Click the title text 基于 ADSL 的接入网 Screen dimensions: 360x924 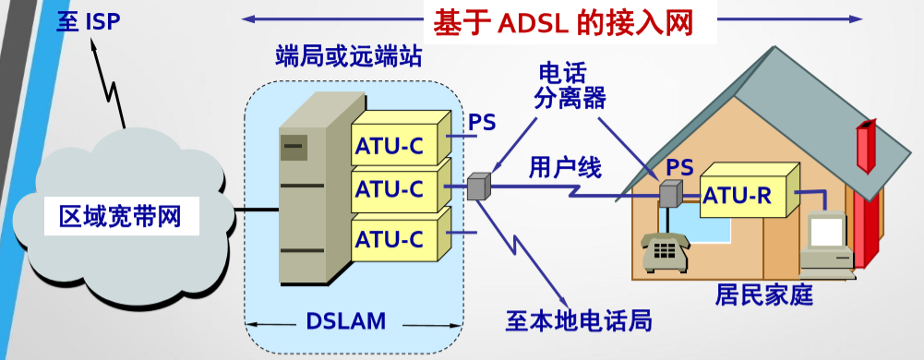coord(562,22)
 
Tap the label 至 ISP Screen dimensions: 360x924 coord(89,21)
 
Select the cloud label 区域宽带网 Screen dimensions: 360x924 coord(119,217)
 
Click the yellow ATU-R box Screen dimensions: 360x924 coord(738,195)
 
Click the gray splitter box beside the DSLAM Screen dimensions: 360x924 coord(478,187)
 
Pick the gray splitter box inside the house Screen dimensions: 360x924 coord(670,195)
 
